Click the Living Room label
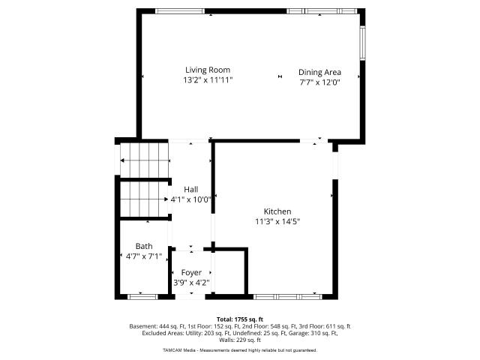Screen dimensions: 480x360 point(208,70)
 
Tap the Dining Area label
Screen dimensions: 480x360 point(319,72)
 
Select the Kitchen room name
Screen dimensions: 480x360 point(277,211)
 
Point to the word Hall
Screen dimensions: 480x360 point(190,189)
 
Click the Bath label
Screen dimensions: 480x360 point(144,246)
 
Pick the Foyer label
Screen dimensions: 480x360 point(191,272)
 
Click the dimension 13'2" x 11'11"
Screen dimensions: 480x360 point(208,80)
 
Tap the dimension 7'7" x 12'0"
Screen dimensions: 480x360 point(320,82)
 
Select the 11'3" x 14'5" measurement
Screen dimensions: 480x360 point(277,221)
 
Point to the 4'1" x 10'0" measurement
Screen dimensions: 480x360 point(191,199)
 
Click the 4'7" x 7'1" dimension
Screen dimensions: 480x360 point(144,256)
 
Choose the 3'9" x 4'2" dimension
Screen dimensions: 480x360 point(191,283)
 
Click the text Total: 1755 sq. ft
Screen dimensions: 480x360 point(240,319)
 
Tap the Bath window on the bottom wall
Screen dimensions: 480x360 point(142,297)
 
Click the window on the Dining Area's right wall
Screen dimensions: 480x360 point(363,43)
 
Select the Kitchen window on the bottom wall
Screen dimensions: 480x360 point(288,297)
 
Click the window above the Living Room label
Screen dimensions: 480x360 point(180,11)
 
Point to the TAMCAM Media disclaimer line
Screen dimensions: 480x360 point(240,350)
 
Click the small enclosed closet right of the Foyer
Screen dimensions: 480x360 point(229,272)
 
